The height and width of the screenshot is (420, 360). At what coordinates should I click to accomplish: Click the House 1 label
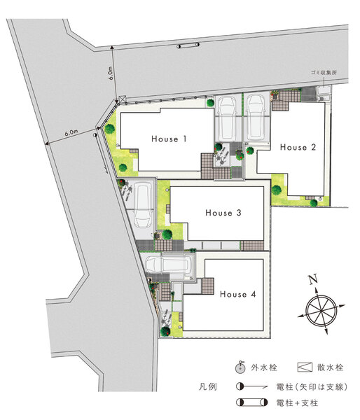coord(169,139)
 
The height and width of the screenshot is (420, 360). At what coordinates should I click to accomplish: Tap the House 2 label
coord(298,147)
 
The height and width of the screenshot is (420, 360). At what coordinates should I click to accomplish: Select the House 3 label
coord(223,213)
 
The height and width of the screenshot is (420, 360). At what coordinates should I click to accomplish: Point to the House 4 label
coord(237,294)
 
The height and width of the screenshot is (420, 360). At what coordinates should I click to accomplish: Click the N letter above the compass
coord(313,279)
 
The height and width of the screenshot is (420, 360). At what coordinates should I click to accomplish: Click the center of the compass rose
coord(321,311)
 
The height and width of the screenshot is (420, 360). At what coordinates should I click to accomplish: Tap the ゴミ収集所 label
coord(324,72)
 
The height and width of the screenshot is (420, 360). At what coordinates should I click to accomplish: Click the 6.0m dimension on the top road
coord(111,73)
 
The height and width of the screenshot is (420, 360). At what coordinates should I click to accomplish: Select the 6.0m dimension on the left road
coord(71,132)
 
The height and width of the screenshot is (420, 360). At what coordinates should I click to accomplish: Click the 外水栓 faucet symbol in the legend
coord(240,367)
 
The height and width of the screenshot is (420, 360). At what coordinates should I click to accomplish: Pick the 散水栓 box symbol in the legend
coord(305,367)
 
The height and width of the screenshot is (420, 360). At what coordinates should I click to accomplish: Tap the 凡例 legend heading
coord(208,387)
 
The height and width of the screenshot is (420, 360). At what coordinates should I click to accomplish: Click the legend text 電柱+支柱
coord(297,402)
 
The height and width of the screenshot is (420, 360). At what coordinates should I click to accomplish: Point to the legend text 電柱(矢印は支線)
coord(312,387)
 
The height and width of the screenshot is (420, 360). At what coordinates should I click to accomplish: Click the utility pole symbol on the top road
coord(188,45)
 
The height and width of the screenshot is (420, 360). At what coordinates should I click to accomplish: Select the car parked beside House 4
coord(169,264)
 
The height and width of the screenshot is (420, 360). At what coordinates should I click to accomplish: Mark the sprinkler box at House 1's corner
coord(123,99)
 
